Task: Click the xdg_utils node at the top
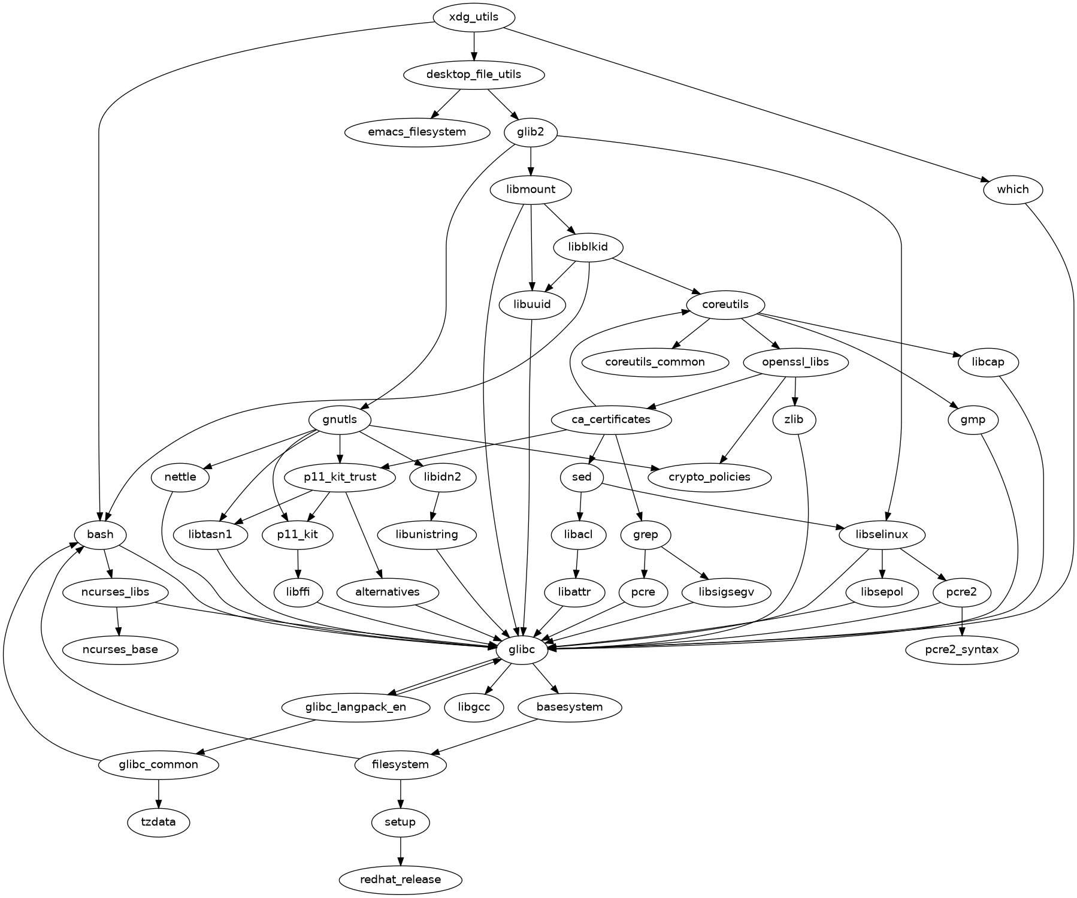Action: point(473,17)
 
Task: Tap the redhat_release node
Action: point(401,879)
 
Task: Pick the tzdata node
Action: point(158,822)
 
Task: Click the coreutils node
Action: point(725,304)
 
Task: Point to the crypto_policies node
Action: point(709,477)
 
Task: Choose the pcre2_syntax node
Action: point(961,649)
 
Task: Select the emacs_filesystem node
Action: point(418,132)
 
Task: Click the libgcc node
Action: point(474,707)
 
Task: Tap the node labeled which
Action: point(1012,189)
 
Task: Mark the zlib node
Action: point(793,419)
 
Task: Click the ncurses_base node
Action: point(120,649)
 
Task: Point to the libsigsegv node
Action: point(725,592)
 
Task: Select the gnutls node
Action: point(339,419)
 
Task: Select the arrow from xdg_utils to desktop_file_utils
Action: point(474,46)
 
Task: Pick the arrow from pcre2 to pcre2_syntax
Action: point(961,621)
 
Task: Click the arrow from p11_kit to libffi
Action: point(298,563)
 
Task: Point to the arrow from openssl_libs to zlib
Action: point(794,391)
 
